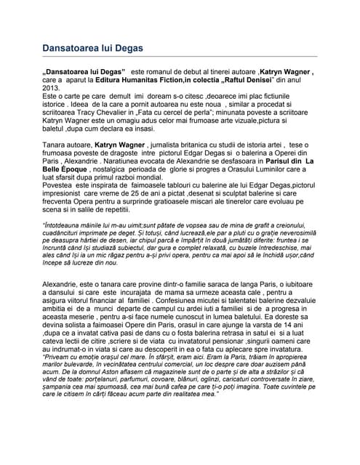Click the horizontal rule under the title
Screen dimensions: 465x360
[x=180, y=57]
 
